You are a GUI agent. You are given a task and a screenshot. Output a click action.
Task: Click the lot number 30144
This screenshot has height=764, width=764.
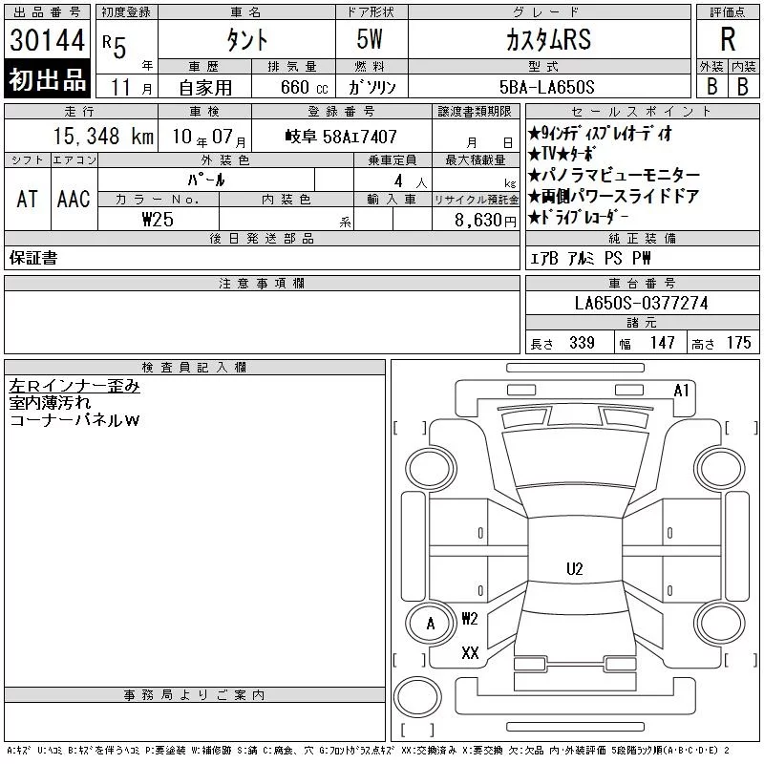click(47, 40)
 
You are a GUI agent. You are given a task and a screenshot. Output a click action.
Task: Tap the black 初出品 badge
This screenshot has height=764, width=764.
click(47, 79)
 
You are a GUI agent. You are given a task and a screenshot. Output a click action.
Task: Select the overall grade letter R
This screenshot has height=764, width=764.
click(728, 39)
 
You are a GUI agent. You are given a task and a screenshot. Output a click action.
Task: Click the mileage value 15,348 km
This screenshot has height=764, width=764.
click(103, 137)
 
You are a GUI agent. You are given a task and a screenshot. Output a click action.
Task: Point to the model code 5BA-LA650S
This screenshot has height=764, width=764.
click(546, 87)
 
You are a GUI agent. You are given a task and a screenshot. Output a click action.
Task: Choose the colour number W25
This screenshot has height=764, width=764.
click(158, 220)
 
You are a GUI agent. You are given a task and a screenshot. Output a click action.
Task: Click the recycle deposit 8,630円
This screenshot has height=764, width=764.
click(485, 221)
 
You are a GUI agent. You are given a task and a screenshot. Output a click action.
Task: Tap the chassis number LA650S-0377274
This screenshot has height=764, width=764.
click(641, 303)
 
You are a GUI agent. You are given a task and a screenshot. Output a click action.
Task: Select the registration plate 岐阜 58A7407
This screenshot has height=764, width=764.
click(341, 137)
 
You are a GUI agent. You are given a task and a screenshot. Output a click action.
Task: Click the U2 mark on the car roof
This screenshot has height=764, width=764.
click(575, 569)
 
